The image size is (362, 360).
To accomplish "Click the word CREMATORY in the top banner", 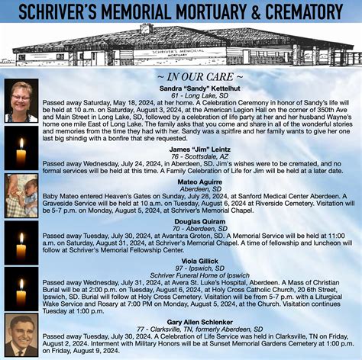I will (305, 11).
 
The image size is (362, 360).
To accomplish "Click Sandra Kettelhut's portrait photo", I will (21, 102).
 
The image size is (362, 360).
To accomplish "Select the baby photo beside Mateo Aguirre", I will (21, 195).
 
